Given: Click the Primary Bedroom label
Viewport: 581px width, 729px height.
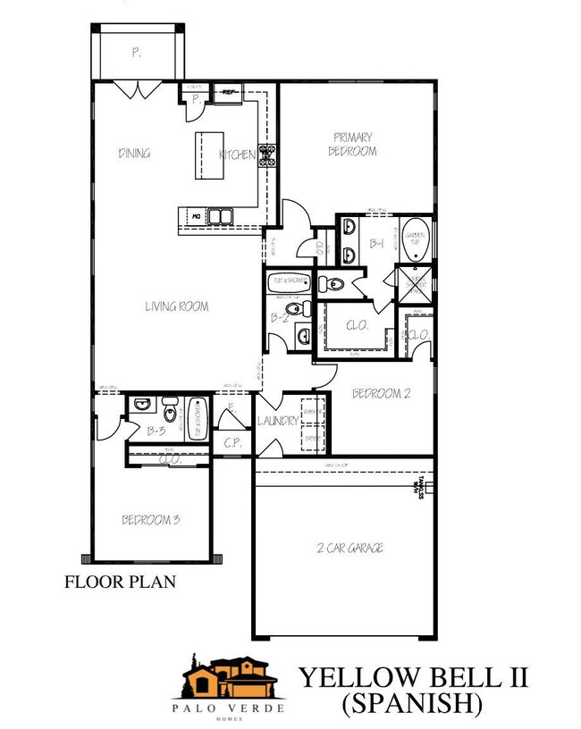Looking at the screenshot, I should (x=354, y=144).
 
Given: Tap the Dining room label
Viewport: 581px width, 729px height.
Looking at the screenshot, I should (x=134, y=153).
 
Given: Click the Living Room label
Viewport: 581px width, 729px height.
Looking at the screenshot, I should (x=177, y=306).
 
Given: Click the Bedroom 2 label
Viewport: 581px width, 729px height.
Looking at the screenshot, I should (x=380, y=393).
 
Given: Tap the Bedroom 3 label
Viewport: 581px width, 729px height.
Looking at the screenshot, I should (x=151, y=519).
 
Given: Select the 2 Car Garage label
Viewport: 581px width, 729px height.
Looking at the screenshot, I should (x=350, y=548).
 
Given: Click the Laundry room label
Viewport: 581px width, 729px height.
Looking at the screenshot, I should (x=277, y=421).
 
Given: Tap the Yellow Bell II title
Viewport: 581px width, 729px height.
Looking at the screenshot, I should (x=413, y=677).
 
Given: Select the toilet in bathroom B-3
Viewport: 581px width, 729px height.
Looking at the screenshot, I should (x=170, y=412).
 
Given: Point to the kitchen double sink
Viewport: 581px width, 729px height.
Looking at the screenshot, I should (x=219, y=214).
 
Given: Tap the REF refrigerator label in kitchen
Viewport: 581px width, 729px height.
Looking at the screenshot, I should (x=229, y=91).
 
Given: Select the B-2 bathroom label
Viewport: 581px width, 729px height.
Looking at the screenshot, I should (x=279, y=317).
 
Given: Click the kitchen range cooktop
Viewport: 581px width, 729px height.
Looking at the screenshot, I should (x=267, y=155).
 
